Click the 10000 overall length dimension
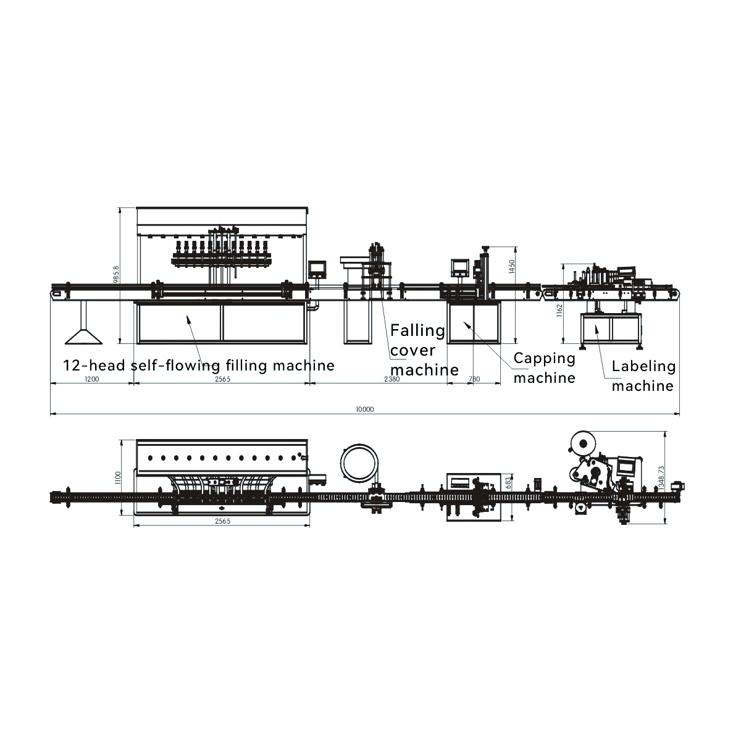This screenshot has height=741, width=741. click(364, 409)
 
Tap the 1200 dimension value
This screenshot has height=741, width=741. click(92, 379)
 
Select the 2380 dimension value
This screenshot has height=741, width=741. click(392, 379)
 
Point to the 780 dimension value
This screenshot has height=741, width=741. click(474, 379)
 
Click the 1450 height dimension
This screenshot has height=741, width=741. click(512, 267)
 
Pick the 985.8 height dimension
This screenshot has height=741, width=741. click(117, 275)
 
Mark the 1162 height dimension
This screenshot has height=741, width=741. click(559, 311)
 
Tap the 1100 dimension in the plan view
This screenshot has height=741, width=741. click(118, 477)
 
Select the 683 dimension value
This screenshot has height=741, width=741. click(508, 483)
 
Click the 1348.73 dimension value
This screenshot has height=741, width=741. click(661, 478)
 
